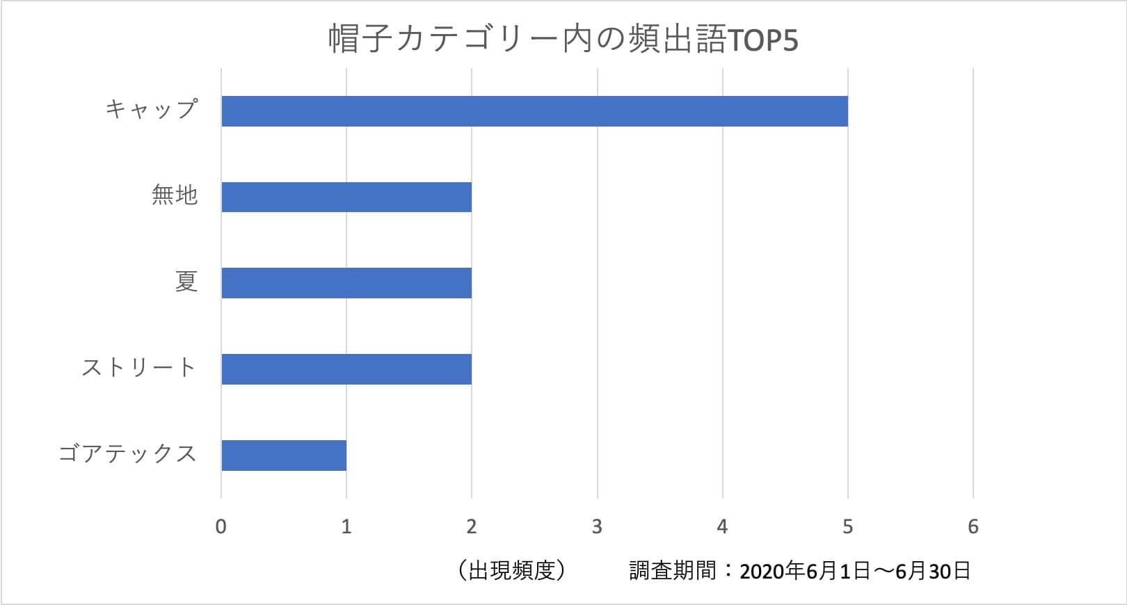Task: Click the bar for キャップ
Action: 534,111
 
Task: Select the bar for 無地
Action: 346,197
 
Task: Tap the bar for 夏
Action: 346,283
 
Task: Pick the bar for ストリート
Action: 346,369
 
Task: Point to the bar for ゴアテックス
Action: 284,455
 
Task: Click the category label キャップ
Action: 152,110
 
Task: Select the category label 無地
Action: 175,195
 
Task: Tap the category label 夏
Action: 186,282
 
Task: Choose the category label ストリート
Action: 139,367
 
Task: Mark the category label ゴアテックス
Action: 128,453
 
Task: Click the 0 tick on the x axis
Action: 221,526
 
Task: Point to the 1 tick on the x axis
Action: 346,526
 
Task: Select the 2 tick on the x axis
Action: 472,526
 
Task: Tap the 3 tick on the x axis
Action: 597,526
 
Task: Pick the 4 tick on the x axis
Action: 722,526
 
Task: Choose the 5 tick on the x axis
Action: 847,526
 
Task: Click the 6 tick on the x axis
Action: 973,526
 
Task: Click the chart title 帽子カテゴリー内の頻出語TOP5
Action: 563,40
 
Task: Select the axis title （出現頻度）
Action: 511,571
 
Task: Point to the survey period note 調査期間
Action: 800,571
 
